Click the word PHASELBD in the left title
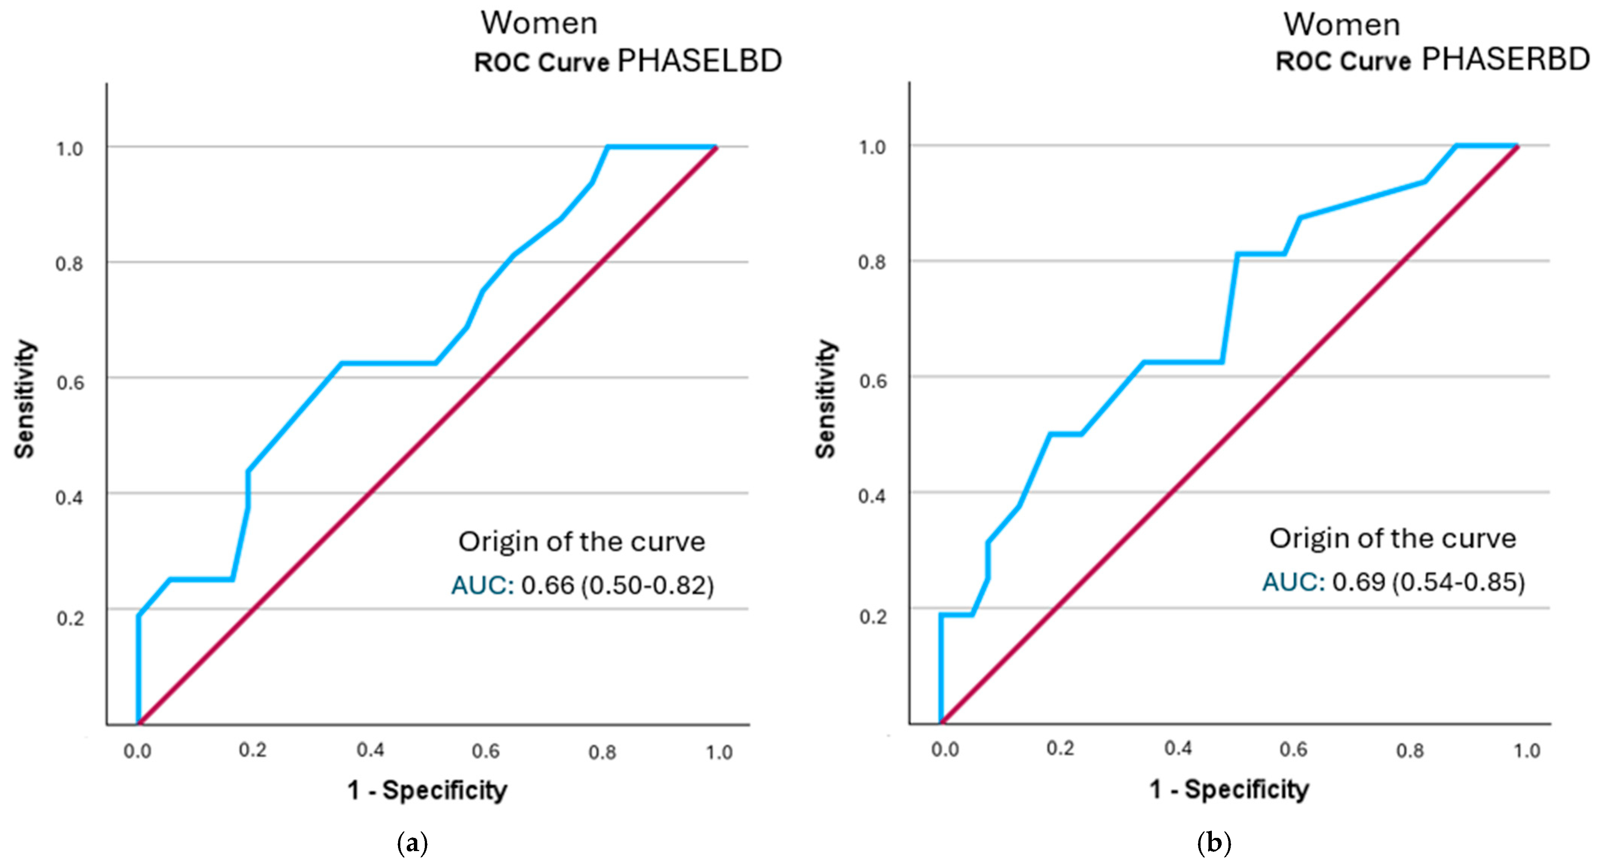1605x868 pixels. [x=699, y=61]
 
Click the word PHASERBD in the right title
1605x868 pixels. [x=1505, y=60]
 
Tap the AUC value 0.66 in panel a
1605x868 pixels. [x=547, y=585]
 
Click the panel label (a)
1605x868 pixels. [x=412, y=844]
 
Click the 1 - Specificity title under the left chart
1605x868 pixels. [x=427, y=790]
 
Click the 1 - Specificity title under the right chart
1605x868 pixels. [x=1229, y=789]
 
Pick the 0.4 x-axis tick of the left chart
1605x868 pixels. [x=370, y=750]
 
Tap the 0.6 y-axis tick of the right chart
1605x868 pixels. [x=872, y=380]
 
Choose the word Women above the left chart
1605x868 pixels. [x=539, y=24]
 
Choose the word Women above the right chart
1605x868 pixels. [x=1342, y=25]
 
